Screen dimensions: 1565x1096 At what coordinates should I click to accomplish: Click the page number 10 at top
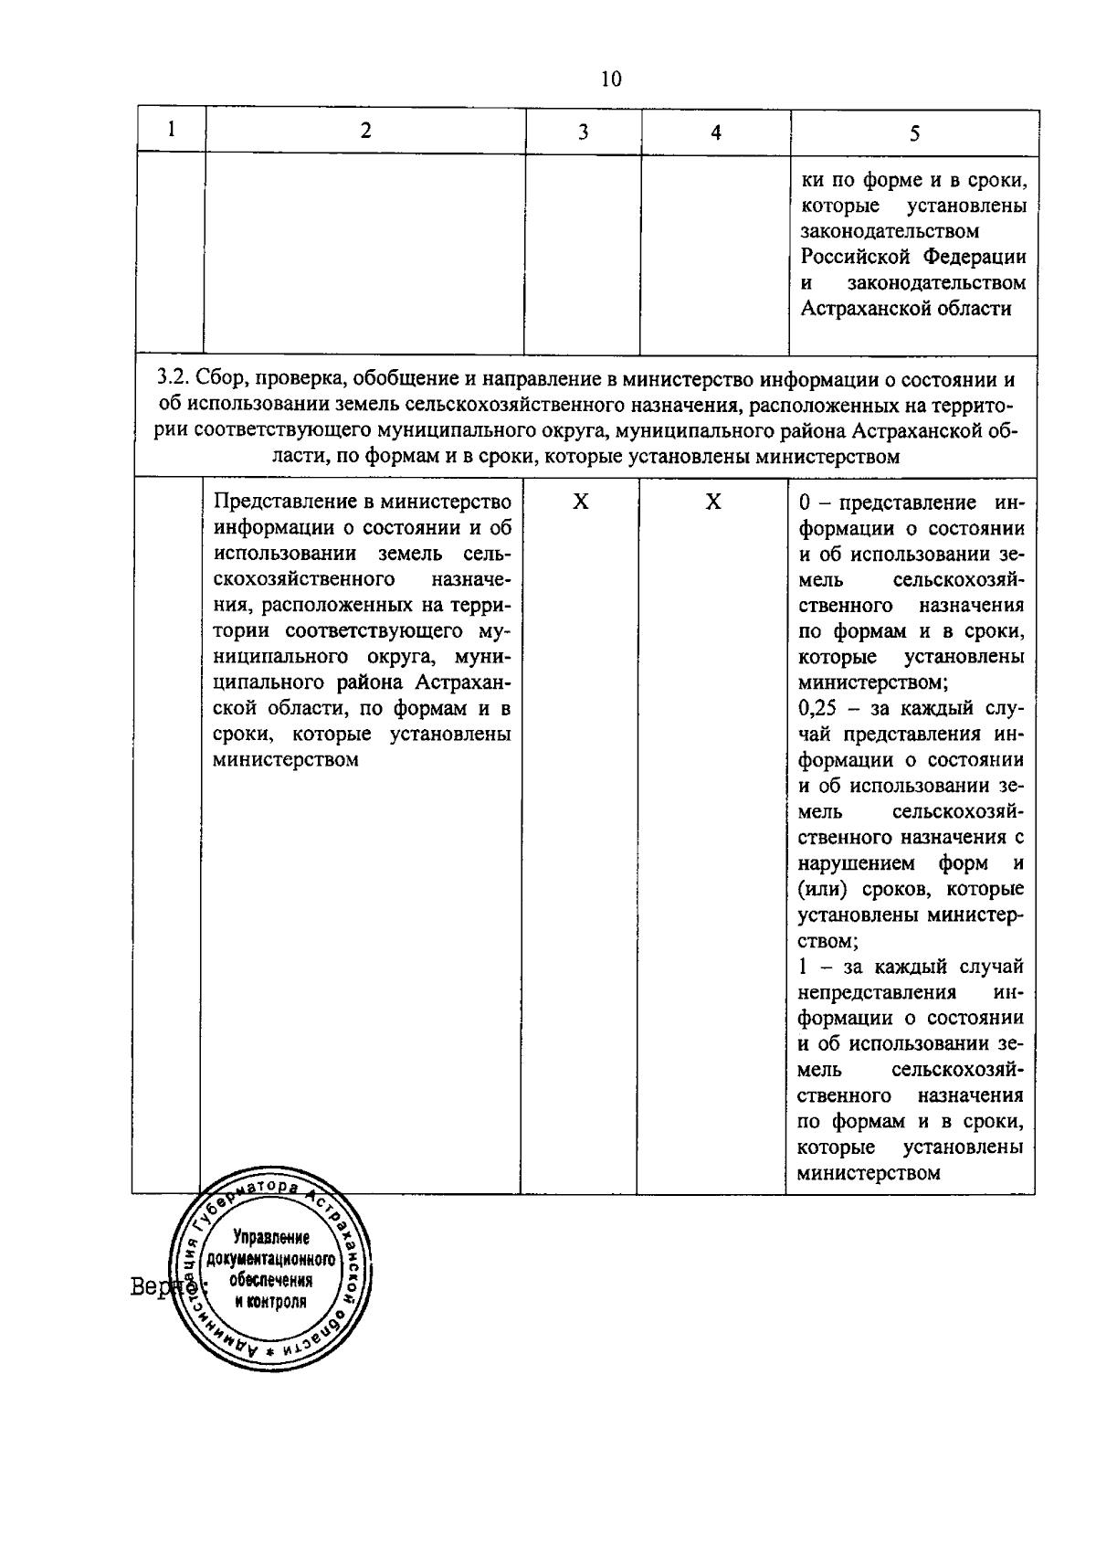611,79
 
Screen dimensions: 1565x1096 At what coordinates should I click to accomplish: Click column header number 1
171,130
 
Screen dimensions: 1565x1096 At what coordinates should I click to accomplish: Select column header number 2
365,131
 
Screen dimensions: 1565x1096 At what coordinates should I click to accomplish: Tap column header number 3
582,132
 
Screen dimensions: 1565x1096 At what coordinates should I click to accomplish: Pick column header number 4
715,132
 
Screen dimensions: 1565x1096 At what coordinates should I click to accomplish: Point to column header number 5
913,133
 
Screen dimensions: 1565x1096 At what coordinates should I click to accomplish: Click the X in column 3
580,502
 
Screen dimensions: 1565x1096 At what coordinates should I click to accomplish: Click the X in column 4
713,502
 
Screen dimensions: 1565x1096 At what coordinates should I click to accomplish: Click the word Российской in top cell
854,257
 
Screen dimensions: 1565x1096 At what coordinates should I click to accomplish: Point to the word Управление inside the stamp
270,1238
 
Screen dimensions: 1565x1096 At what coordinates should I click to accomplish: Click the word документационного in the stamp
270,1260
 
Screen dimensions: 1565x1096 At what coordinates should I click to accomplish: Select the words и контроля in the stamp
270,1302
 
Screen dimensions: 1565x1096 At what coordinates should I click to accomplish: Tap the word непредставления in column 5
877,992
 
